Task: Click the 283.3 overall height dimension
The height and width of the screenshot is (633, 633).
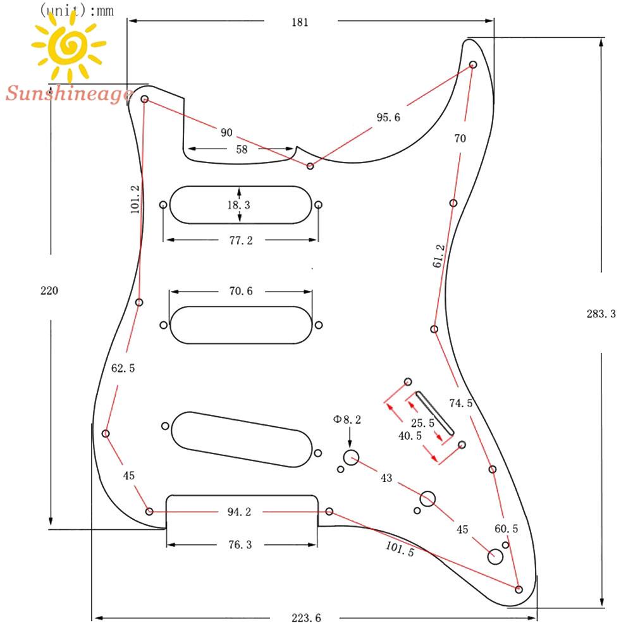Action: (x=601, y=314)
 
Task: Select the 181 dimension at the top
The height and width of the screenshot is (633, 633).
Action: (x=300, y=22)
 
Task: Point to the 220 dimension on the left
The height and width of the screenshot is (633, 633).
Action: (x=49, y=291)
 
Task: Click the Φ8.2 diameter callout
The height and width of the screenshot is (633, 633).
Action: (x=348, y=419)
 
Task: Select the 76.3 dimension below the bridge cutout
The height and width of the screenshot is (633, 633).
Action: (x=240, y=544)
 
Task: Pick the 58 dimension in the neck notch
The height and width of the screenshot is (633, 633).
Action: (x=242, y=149)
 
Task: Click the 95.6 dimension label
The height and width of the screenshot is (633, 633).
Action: (x=388, y=117)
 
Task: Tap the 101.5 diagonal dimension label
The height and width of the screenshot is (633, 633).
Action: (x=400, y=548)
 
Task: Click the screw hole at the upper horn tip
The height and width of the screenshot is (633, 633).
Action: (x=473, y=65)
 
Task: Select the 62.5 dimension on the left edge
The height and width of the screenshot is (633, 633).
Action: (x=123, y=368)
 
